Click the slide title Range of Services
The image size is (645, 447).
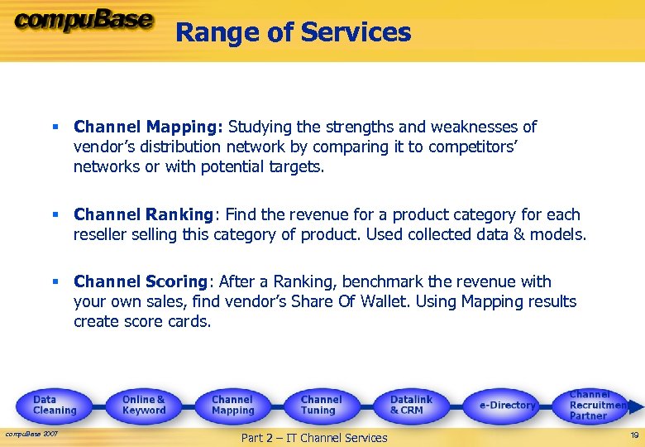point(294,32)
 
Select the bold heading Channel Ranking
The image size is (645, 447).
point(143,215)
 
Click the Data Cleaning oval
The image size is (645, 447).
point(55,405)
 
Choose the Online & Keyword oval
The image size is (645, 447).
point(144,405)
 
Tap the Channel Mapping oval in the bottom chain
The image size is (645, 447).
point(232,405)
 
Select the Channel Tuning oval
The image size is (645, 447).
point(321,405)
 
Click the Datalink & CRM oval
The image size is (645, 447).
point(411,405)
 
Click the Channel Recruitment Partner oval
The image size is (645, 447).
point(597,405)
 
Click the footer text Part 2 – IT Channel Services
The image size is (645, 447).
point(313,438)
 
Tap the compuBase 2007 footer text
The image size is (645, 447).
point(31,434)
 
